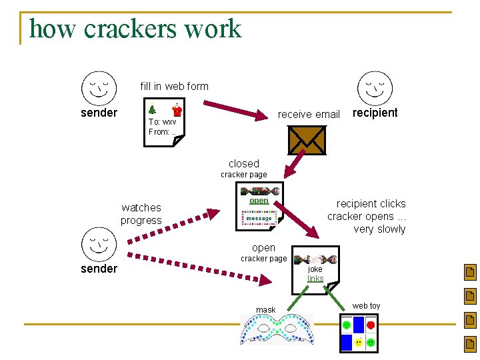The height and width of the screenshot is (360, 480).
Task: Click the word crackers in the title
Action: point(130,29)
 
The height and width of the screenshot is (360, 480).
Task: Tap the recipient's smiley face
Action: point(375,89)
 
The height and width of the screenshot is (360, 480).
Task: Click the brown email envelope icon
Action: point(307,140)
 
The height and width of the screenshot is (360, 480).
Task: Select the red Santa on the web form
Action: point(177,110)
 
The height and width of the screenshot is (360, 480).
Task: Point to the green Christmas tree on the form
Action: point(152,109)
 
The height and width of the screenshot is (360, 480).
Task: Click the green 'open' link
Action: point(259,201)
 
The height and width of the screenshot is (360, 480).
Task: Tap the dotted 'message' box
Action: point(259,218)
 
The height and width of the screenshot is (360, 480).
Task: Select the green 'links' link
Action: point(315,278)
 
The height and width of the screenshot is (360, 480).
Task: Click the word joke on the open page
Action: point(315,269)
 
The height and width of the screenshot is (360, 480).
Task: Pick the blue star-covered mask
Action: point(277,330)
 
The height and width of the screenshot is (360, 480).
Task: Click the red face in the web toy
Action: point(371,325)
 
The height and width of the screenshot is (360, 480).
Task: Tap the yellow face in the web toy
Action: point(359,342)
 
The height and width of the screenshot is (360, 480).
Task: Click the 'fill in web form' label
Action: point(174,86)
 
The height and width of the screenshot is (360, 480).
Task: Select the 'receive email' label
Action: point(309,114)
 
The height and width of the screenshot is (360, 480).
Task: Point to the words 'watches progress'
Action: point(141,214)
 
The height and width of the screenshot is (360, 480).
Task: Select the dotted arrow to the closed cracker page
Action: point(173,226)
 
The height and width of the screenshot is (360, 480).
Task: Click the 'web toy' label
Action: point(366,306)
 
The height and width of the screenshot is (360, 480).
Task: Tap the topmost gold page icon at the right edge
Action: point(470,272)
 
